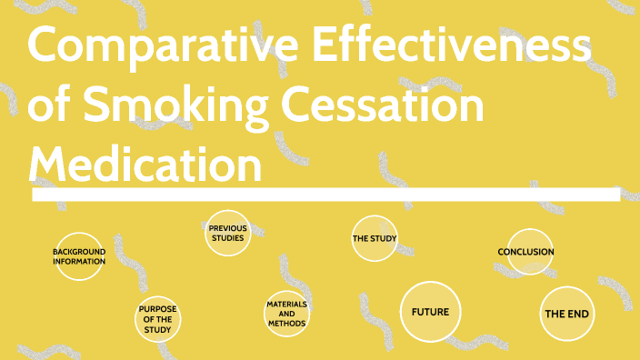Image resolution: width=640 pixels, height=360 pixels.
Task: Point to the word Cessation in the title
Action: click(381, 107)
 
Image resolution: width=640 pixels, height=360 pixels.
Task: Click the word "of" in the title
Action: click(50, 107)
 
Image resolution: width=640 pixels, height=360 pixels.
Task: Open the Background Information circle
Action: click(79, 256)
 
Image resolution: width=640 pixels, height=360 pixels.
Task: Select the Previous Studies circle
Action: click(228, 234)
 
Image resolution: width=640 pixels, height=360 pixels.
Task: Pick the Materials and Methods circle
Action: click(286, 314)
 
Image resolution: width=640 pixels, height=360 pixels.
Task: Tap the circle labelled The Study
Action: click(375, 239)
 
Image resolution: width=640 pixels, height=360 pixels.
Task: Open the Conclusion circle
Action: click(528, 252)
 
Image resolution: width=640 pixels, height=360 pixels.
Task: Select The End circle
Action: click(567, 314)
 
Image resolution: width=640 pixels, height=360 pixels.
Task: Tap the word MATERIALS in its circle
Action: click(286, 304)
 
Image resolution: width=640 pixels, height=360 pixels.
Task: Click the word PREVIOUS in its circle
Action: click(228, 228)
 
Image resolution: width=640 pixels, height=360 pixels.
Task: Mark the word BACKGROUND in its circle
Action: click(79, 251)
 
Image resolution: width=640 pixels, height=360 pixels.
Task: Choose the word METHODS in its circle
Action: click(286, 324)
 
